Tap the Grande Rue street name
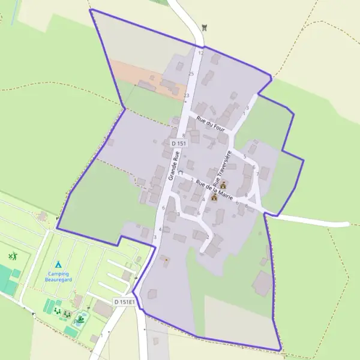pyautogui.click(x=174, y=165)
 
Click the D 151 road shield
pyautogui.click(x=179, y=143)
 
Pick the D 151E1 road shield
pyautogui.click(x=124, y=301)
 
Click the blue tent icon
pyautogui.click(x=58, y=264)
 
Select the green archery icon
pyautogui.click(x=13, y=256)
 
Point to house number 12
pyautogui.click(x=201, y=53)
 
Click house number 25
pyautogui.click(x=191, y=74)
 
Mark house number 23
pyautogui.click(x=187, y=95)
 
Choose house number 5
pyautogui.click(x=244, y=157)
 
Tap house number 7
pyautogui.click(x=257, y=174)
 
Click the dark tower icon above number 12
pyautogui.click(x=205, y=26)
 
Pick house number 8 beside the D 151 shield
pyautogui.click(x=184, y=136)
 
